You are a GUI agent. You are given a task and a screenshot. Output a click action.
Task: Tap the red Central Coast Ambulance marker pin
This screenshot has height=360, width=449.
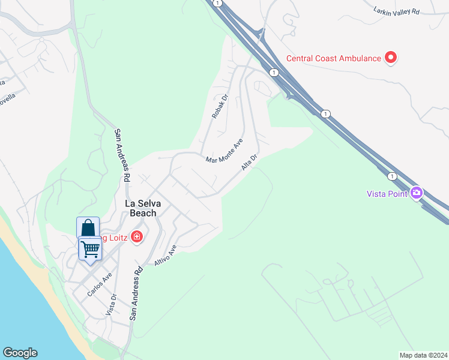391,58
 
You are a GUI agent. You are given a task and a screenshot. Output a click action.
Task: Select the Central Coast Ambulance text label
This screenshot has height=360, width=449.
333,58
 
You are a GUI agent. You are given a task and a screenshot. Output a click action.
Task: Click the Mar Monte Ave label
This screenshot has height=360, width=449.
224,152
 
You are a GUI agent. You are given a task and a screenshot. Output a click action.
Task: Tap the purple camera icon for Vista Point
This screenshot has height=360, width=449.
416,193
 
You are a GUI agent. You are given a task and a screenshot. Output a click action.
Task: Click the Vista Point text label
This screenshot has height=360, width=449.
387,193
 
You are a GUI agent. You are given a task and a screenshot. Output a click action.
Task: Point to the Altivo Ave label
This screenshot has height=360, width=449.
165,256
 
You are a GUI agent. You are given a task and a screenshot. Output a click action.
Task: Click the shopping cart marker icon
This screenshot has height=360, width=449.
90,248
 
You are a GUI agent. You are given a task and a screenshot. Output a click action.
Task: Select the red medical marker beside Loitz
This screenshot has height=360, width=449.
137,237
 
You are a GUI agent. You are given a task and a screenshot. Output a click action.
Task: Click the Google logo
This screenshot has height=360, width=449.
20,353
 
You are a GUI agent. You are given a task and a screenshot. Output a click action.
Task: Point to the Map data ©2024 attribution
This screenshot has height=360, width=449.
423,355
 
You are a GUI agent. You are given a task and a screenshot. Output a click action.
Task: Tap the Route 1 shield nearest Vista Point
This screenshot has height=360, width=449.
392,176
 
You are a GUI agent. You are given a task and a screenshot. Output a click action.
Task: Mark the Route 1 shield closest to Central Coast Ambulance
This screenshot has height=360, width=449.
274,72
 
